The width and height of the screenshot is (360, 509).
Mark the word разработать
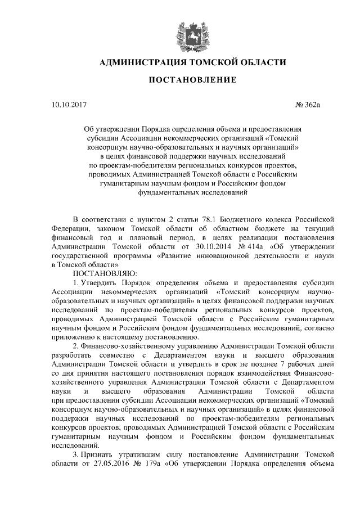coord(71,354)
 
